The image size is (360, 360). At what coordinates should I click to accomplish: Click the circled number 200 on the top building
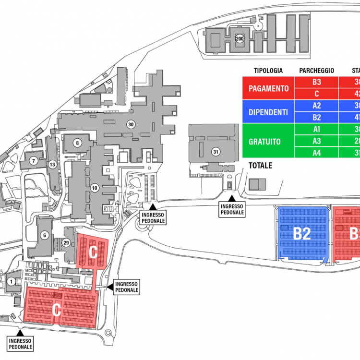pyautogui.click(x=240, y=38)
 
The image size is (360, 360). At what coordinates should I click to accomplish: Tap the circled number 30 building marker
pyautogui.click(x=130, y=124)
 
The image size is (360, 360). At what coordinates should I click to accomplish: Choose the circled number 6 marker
pyautogui.click(x=45, y=235)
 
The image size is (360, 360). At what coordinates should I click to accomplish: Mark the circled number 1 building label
pyautogui.click(x=11, y=281)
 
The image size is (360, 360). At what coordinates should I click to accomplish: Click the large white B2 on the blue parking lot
pyautogui.click(x=302, y=234)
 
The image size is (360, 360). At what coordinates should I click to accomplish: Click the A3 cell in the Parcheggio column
pyautogui.click(x=316, y=142)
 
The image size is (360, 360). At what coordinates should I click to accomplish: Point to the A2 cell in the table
pyautogui.click(x=316, y=106)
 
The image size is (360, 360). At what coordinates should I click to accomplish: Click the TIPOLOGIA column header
pyautogui.click(x=268, y=71)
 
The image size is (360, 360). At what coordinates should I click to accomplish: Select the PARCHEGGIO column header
pyautogui.click(x=316, y=71)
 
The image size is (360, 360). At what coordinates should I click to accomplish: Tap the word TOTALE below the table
pyautogui.click(x=260, y=166)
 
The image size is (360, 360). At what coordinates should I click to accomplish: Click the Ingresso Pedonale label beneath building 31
pyautogui.click(x=232, y=209)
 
